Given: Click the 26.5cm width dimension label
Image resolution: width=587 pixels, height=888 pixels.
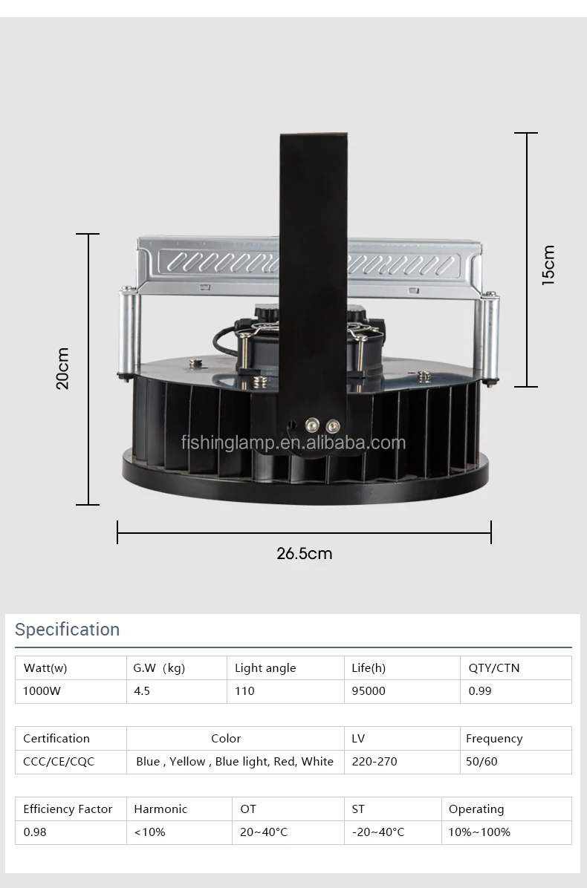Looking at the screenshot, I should click(x=305, y=553).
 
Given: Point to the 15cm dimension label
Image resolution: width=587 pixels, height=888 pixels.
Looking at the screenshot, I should click(x=548, y=265).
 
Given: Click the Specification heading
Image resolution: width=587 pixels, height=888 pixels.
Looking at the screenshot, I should click(x=67, y=630).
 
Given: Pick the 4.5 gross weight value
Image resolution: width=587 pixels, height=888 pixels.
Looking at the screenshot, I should click(x=142, y=691).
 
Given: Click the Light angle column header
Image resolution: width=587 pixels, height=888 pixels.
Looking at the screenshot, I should click(x=265, y=668).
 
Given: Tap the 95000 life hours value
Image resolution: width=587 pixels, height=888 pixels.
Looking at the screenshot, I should click(x=369, y=691).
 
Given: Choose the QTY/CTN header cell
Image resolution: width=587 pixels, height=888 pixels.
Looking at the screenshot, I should click(x=494, y=668).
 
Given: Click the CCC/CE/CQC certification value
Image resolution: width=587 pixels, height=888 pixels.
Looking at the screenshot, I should click(x=59, y=762).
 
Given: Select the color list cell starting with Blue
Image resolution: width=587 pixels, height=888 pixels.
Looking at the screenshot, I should click(x=235, y=762).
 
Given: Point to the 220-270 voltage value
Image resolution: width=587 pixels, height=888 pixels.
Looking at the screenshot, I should click(x=375, y=762).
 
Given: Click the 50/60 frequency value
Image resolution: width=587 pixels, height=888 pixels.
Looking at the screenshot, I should click(x=481, y=762).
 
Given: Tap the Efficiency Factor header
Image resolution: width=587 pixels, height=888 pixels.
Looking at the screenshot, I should click(x=68, y=809).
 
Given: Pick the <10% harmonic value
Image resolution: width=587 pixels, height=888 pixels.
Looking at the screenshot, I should click(x=149, y=832).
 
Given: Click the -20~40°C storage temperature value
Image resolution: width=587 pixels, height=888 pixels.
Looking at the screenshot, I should click(x=378, y=832).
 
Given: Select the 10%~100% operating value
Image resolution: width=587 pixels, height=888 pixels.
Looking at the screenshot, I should click(x=479, y=832).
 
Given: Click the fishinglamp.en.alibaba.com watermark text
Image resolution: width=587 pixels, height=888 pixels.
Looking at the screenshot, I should click(x=293, y=443).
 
